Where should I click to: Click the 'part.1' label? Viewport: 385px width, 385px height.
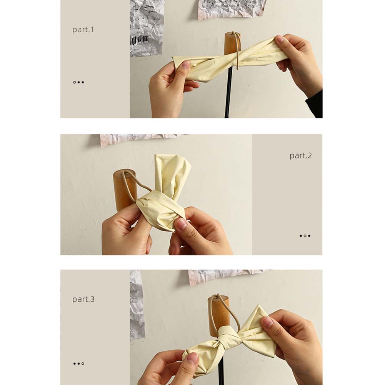pos(83,30)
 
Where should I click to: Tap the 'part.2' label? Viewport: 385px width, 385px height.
pos(300,156)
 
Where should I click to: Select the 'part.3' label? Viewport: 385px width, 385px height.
pos(83,299)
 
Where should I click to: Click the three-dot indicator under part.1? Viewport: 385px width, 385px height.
pos(78,82)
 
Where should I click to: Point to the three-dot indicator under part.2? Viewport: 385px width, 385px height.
pos(305,236)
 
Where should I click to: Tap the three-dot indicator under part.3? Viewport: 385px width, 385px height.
pos(78,363)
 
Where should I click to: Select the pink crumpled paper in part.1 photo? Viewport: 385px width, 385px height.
pos(232,9)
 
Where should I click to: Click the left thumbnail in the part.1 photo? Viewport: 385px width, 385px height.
pos(185,65)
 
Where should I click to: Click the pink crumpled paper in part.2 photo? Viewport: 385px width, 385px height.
pos(138,140)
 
